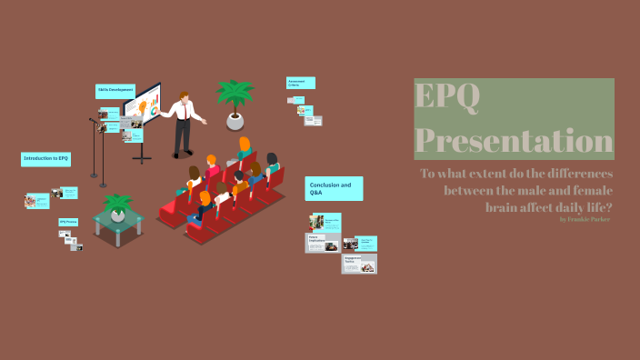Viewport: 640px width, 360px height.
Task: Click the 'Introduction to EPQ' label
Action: (x=45, y=159)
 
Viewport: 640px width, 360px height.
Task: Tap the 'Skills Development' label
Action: (x=115, y=91)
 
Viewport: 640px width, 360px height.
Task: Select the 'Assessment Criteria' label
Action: (x=300, y=83)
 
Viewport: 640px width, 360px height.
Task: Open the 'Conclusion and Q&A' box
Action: (x=334, y=188)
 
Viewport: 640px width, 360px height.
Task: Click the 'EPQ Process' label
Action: (x=68, y=222)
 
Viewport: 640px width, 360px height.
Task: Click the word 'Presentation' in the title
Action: (x=514, y=141)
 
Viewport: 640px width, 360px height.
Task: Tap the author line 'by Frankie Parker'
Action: (x=585, y=219)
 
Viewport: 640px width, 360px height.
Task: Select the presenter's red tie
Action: (x=187, y=112)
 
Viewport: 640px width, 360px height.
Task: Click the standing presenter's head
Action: (x=185, y=96)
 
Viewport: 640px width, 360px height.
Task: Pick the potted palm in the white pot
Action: (x=235, y=102)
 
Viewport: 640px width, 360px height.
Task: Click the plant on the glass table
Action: (x=117, y=207)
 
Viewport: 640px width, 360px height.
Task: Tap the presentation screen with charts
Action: (x=144, y=110)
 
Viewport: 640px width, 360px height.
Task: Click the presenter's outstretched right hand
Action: (x=205, y=121)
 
